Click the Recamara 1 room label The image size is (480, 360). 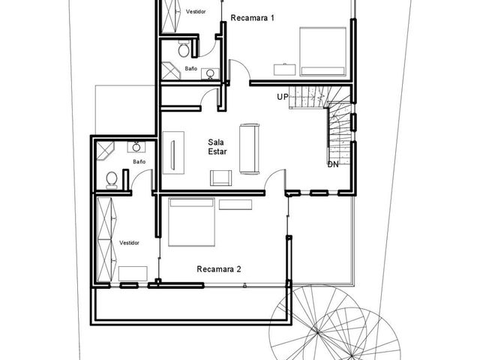point(253,18)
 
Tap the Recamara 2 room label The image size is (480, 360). point(219,269)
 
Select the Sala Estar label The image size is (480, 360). point(217,147)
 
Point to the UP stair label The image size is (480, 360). point(283,97)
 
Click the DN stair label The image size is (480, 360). point(333,164)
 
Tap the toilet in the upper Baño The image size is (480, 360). point(183,49)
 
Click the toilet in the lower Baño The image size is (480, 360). point(112,180)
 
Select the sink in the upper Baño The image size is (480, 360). point(210,73)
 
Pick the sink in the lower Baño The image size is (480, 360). point(136,147)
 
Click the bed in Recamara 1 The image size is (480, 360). point(323,52)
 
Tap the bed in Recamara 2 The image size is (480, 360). point(191,222)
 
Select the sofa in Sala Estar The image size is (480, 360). point(250,148)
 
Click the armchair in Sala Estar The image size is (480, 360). point(220,178)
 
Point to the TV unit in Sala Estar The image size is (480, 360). point(173,153)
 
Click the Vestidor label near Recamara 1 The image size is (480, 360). point(196,12)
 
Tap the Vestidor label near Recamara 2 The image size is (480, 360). point(129,243)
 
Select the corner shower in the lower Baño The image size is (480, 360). point(105,151)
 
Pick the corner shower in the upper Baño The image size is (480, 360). point(171,70)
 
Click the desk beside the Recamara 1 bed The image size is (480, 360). point(285,70)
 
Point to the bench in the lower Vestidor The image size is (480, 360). point(133,274)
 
